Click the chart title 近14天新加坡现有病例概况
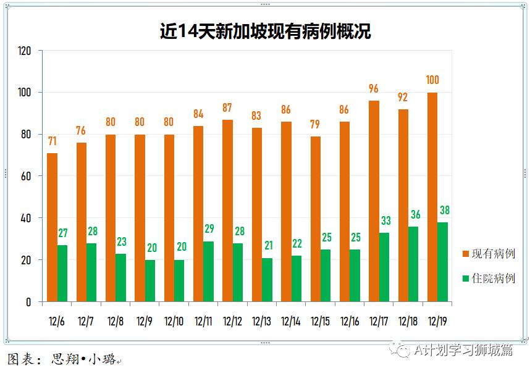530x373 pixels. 265,31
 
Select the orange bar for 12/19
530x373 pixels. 432,197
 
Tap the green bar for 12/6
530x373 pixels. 62,273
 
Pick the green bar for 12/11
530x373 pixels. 208,271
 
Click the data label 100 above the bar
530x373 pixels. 432,80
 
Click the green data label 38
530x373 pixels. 444,210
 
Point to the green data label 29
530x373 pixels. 209,229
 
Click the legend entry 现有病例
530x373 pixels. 488,254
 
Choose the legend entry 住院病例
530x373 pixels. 488,279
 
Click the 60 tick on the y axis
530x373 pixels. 27,176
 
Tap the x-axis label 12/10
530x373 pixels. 174,321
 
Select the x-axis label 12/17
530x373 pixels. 379,321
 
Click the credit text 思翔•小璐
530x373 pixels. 83,359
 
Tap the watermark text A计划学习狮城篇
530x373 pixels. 463,350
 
